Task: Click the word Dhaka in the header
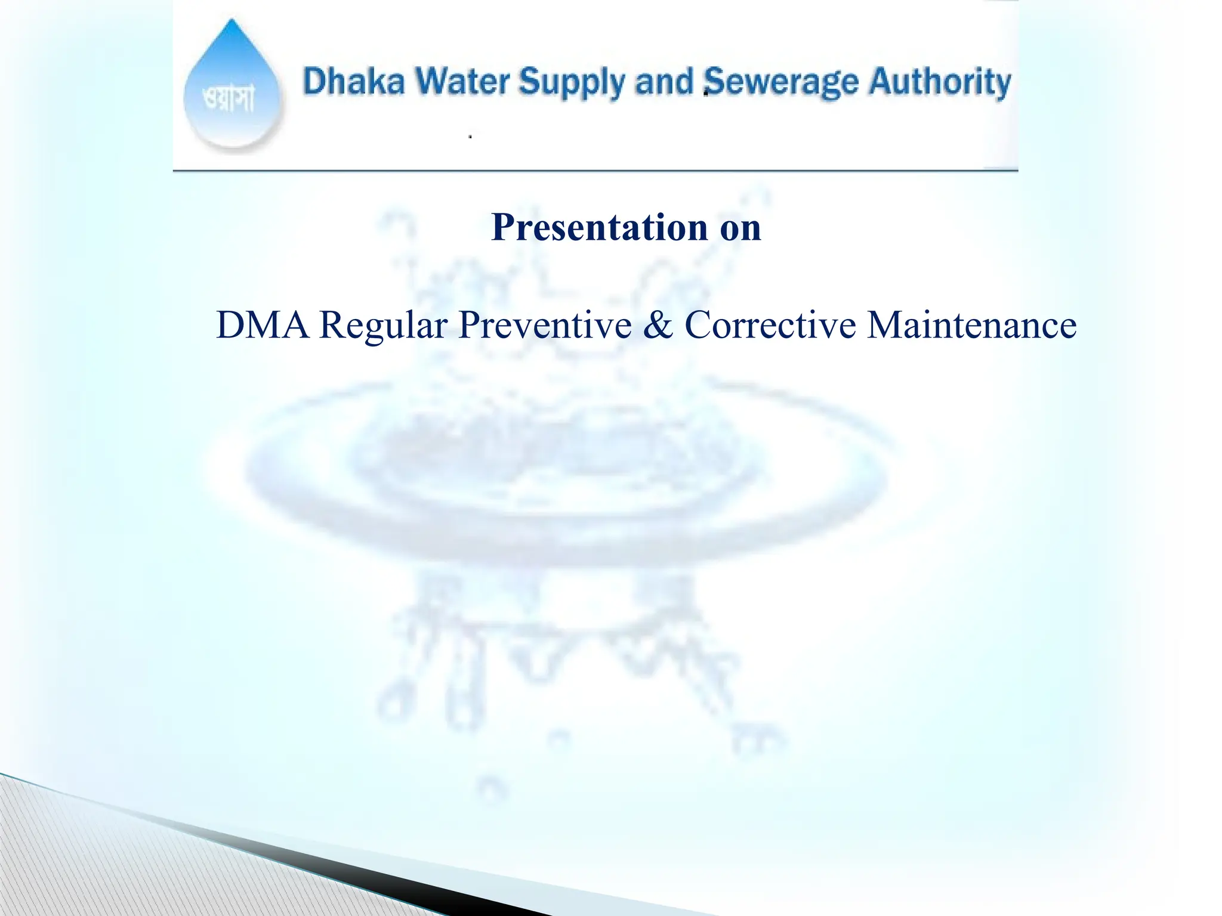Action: tap(354, 82)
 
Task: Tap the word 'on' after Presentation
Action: tap(740, 228)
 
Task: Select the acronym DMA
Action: tap(263, 325)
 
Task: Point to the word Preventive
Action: tap(545, 325)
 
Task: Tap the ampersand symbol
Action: tap(658, 325)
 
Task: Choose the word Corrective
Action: tap(770, 325)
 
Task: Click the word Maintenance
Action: tap(971, 325)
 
